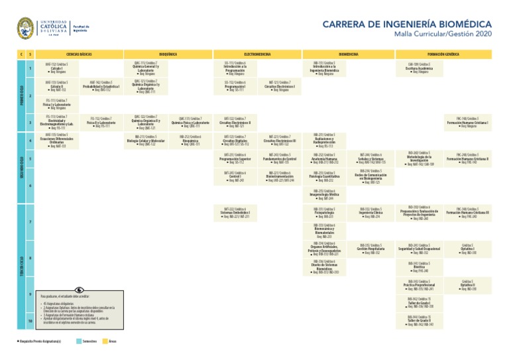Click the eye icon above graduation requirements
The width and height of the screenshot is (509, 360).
80,290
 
